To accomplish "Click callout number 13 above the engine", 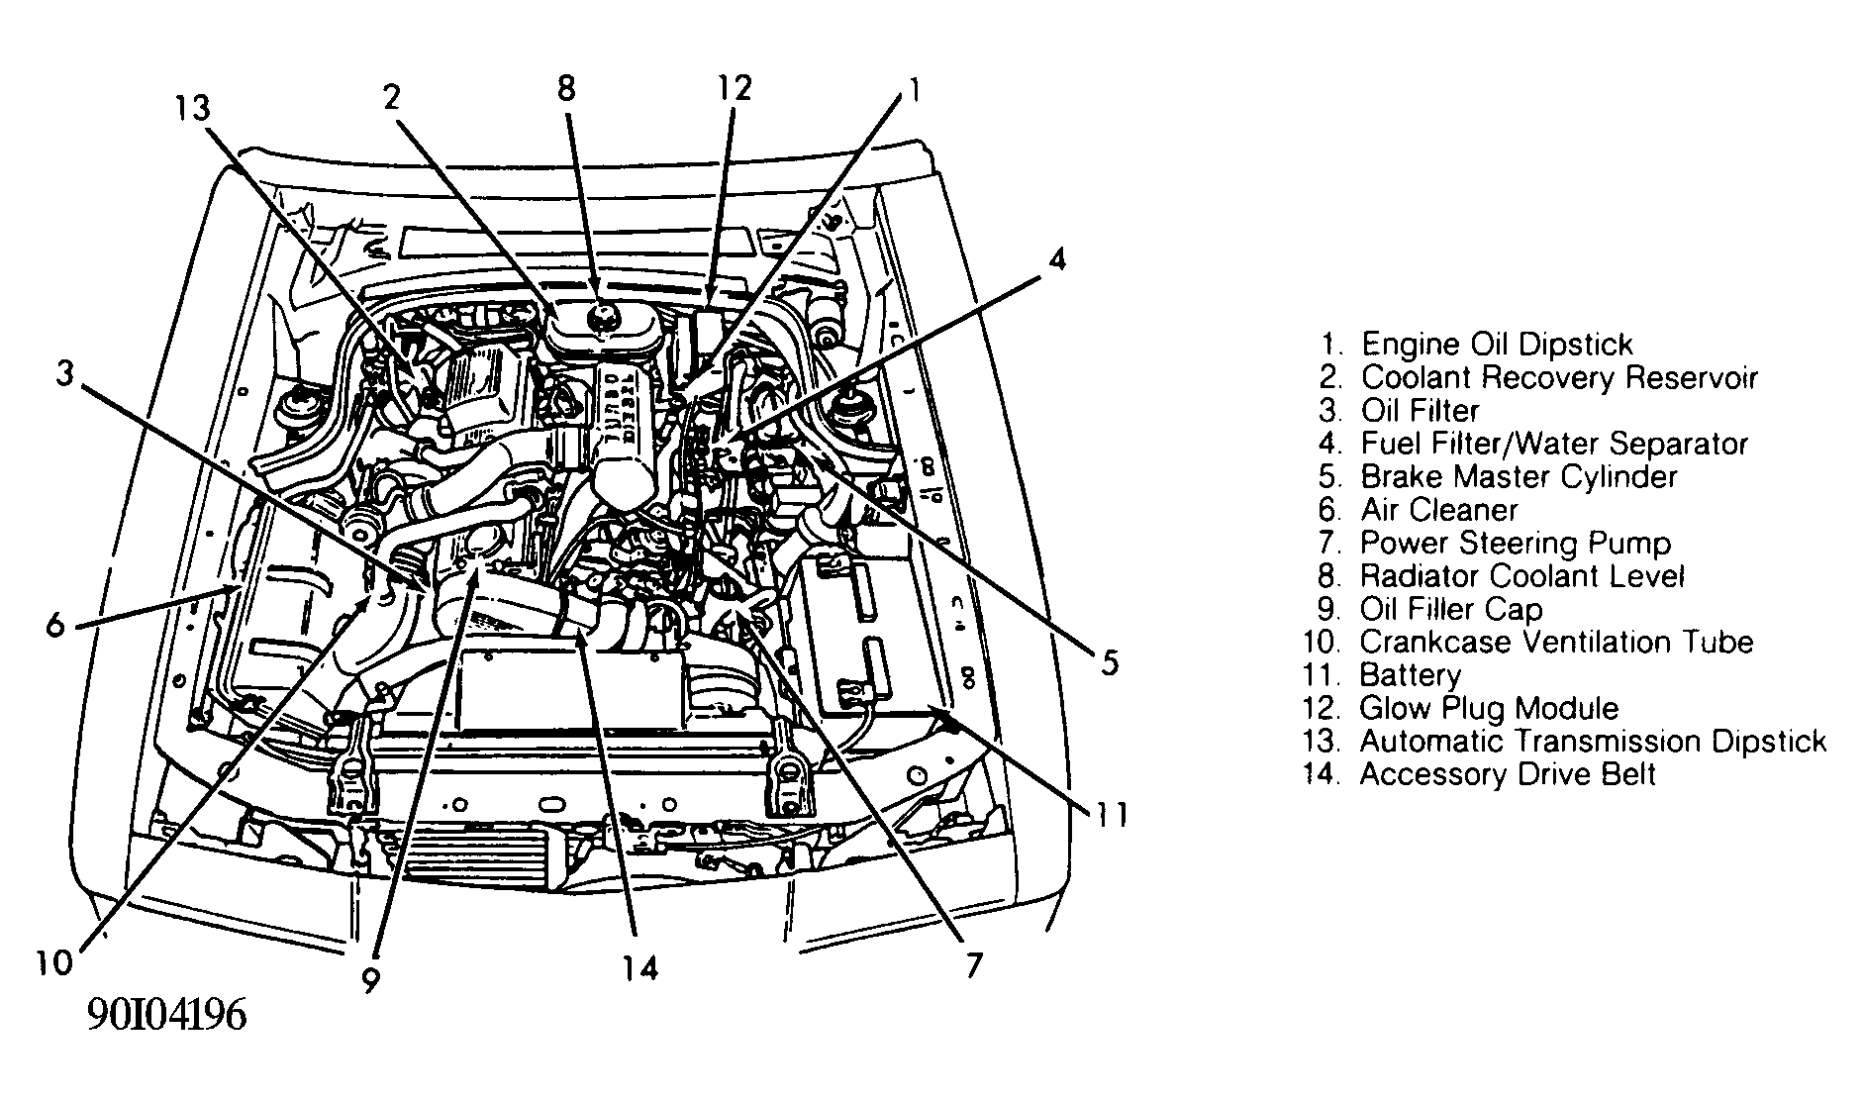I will point(194,107).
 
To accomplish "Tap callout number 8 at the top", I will point(565,88).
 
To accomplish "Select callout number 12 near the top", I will point(735,88).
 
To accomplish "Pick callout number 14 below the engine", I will point(640,967).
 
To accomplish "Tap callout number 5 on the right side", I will point(1110,661).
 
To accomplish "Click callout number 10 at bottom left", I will point(55,962).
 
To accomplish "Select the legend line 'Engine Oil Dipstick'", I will point(1496,344).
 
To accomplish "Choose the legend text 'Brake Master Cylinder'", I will point(1519,476).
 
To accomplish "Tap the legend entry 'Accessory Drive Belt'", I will point(1507,774).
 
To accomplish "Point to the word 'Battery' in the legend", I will point(1410,675).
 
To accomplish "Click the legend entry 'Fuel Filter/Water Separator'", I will point(1554,444).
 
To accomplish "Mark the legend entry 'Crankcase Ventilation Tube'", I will point(1556,642).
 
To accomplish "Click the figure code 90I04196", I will point(166,1016).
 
